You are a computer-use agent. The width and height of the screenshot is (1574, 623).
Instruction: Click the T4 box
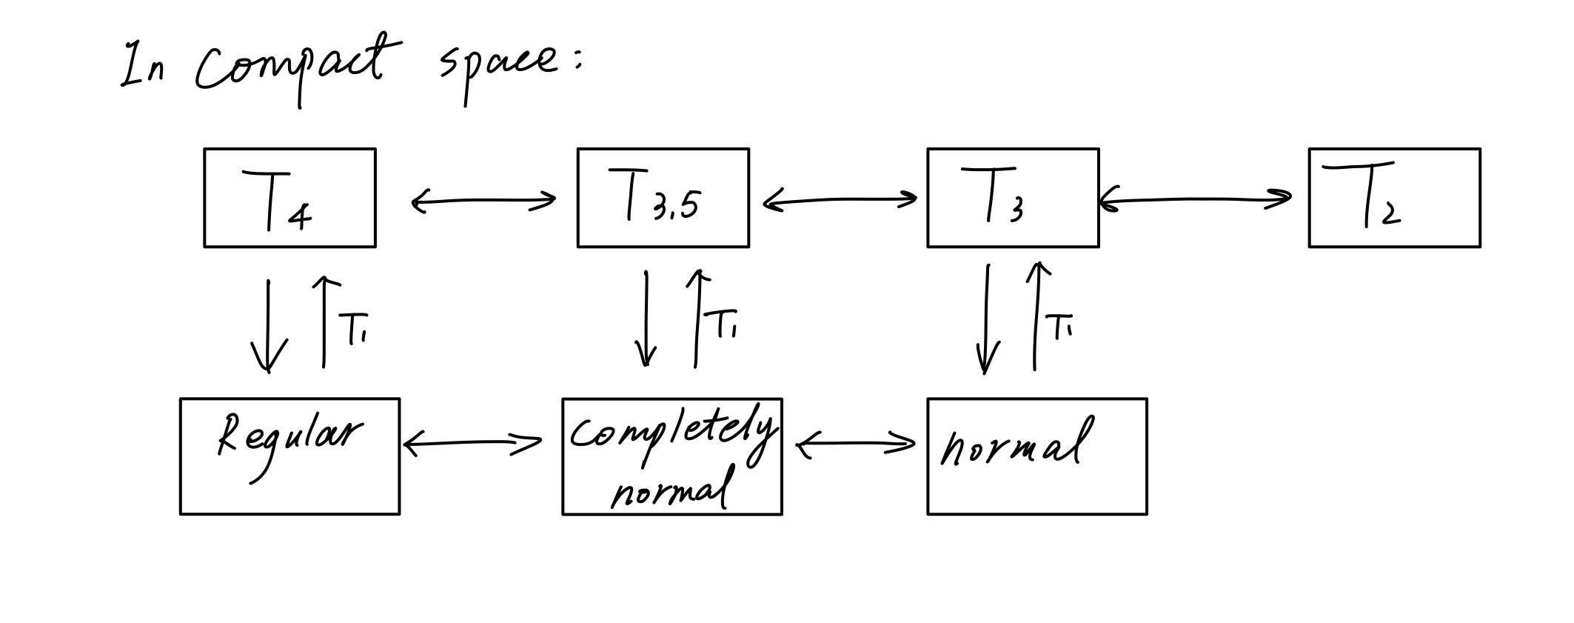point(289,198)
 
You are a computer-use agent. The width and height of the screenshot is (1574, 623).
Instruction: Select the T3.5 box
point(663,198)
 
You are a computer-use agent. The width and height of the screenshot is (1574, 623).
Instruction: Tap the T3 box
point(1012,198)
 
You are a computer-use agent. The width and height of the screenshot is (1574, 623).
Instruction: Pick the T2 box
point(1394,198)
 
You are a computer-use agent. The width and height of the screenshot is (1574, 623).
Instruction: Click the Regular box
point(289,456)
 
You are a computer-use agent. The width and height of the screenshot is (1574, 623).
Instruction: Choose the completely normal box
point(672,456)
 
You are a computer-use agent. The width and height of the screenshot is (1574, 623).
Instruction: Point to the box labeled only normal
point(1037,456)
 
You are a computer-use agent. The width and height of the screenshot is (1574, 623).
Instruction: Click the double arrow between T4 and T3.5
point(483,201)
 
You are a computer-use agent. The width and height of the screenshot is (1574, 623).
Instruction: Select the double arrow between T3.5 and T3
point(839,200)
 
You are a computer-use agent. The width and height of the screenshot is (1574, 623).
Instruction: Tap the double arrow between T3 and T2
point(1196,199)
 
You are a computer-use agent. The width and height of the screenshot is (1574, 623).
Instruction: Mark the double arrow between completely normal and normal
point(855,444)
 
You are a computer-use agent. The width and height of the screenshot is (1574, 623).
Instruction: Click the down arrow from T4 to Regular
point(268,326)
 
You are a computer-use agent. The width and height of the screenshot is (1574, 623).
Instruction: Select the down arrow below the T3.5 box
point(647,319)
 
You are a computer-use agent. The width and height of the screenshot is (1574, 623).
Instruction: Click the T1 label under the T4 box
point(354,329)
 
